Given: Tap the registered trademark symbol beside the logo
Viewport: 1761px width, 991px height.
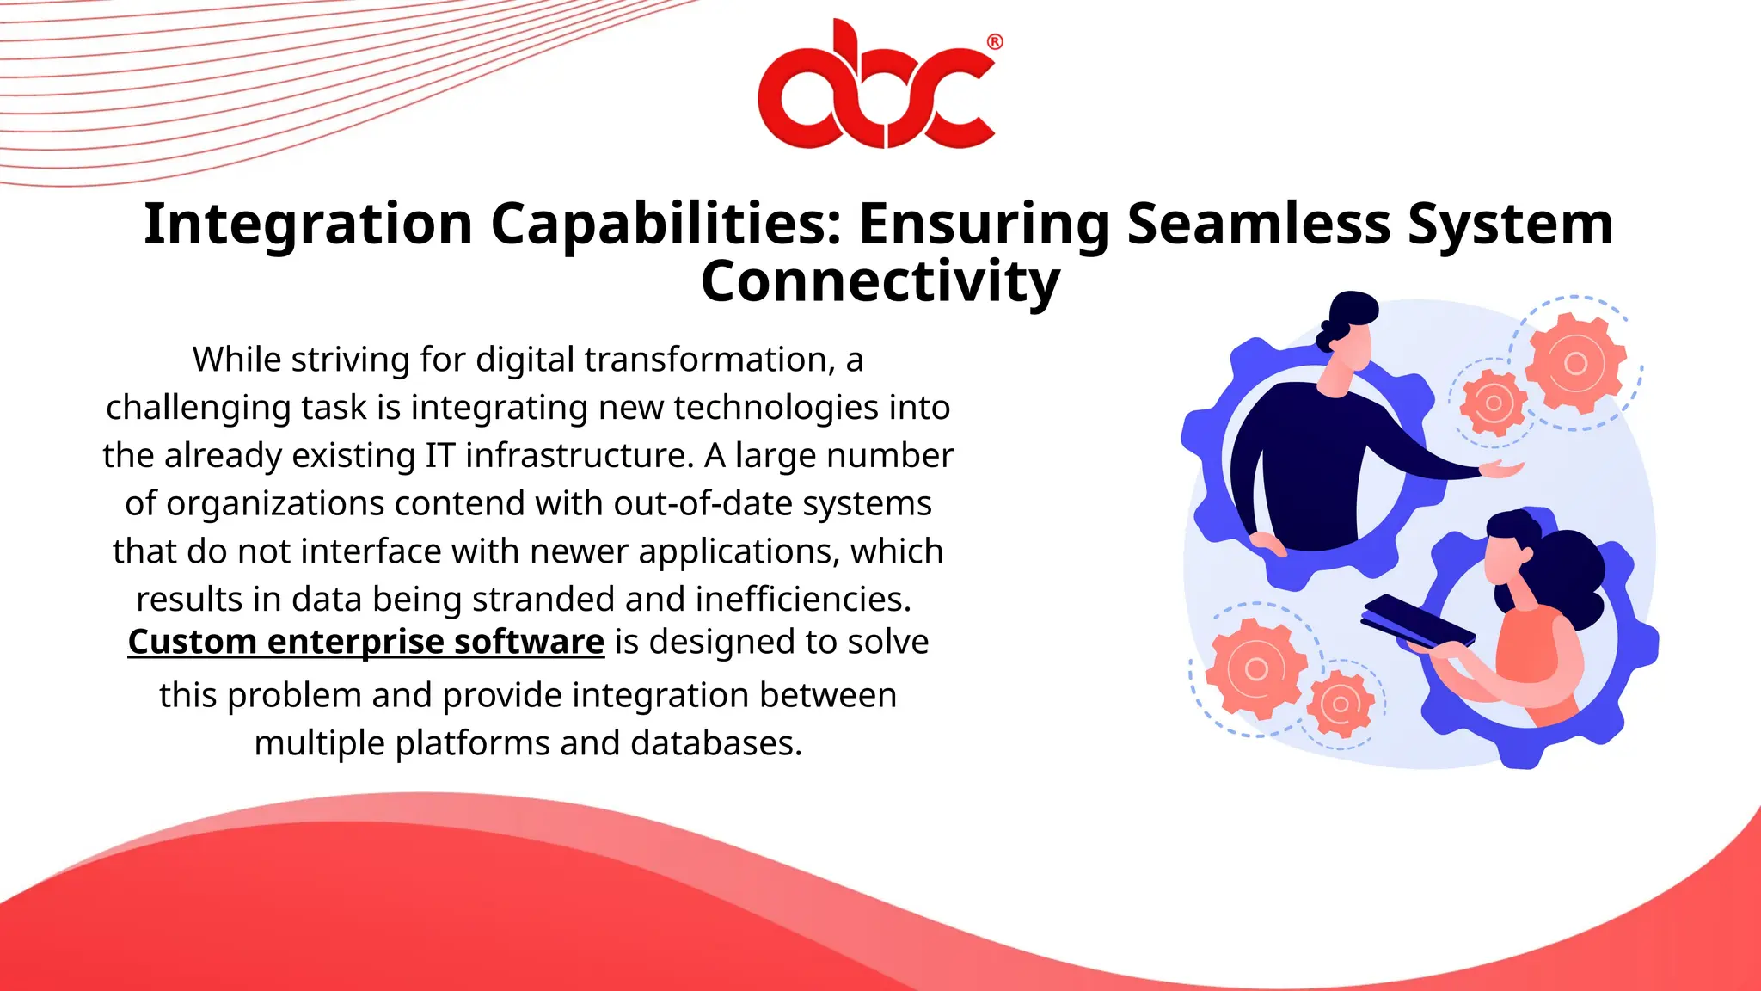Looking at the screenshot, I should point(994,42).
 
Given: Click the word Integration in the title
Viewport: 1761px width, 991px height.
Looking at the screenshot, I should point(308,224).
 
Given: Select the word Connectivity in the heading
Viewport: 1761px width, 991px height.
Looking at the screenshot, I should point(880,281).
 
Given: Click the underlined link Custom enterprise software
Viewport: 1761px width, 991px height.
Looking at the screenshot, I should point(366,642).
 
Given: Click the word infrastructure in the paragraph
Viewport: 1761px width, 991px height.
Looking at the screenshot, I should point(579,455).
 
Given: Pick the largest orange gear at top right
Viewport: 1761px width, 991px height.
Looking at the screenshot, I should point(1575,363).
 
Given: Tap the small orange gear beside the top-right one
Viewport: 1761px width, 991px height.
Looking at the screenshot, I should point(1494,403).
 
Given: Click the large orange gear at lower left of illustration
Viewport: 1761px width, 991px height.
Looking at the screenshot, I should point(1256,668).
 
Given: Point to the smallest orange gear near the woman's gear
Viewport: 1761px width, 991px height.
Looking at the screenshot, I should point(1340,705).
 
